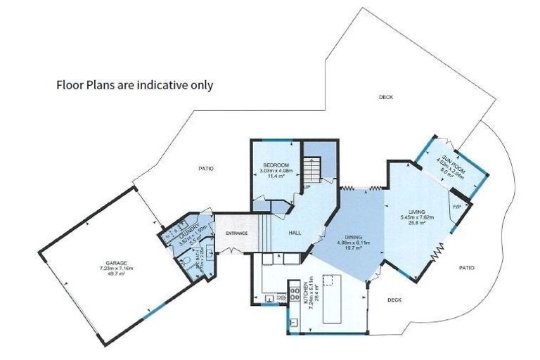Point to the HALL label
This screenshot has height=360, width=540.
click(295, 233)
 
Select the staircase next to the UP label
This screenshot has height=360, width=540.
click(311, 169)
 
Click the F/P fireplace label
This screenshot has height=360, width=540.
click(456, 207)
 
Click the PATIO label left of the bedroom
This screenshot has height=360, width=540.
click(205, 169)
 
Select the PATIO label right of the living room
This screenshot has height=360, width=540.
click(466, 267)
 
